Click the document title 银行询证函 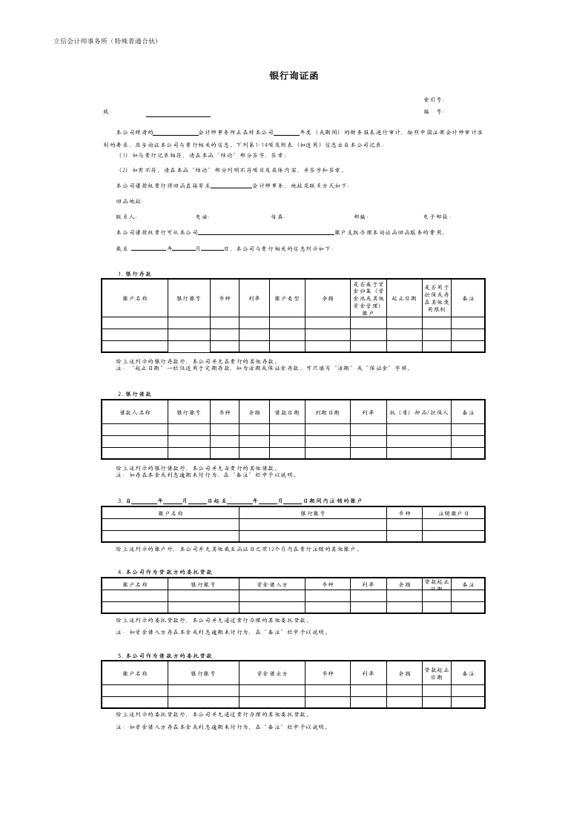point(294,76)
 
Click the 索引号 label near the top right point(434,99)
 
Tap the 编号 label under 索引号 point(434,112)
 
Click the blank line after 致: point(178,114)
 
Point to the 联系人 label point(126,217)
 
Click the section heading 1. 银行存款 point(134,274)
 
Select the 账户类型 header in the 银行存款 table point(286,298)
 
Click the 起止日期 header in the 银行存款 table point(403,298)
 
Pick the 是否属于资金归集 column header point(368,298)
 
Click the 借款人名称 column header point(135,412)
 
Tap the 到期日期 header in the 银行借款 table point(327,412)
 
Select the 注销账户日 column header point(453,513)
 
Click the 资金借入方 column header point(271,584)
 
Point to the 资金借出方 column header point(271,673)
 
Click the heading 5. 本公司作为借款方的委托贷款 point(165,656)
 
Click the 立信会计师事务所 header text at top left point(106,41)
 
